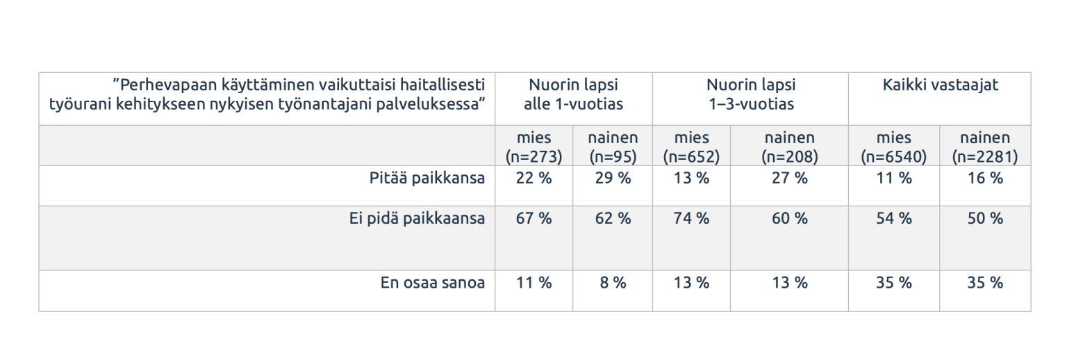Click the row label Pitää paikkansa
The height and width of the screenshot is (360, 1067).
(x=427, y=179)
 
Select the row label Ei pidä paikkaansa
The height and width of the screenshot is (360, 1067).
(x=417, y=219)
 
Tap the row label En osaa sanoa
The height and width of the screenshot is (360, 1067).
(x=432, y=283)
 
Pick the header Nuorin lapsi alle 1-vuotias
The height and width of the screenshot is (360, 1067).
(x=573, y=95)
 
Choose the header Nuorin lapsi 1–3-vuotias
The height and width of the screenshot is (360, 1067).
(x=750, y=95)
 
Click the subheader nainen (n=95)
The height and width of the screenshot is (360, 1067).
(x=613, y=147)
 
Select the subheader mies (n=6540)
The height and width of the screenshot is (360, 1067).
(x=893, y=147)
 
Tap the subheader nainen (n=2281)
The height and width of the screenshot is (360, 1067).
(x=985, y=147)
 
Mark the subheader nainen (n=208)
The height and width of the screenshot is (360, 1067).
(x=790, y=147)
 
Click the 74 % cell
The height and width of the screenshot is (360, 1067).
(x=691, y=219)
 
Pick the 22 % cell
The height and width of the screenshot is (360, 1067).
(x=533, y=179)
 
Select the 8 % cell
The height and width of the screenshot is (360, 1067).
(x=613, y=283)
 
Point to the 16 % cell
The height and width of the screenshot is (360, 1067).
(x=985, y=179)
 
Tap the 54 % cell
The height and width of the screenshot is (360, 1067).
(x=893, y=219)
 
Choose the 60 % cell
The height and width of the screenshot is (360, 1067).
(x=790, y=219)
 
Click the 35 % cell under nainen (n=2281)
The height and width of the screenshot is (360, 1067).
(x=985, y=283)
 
